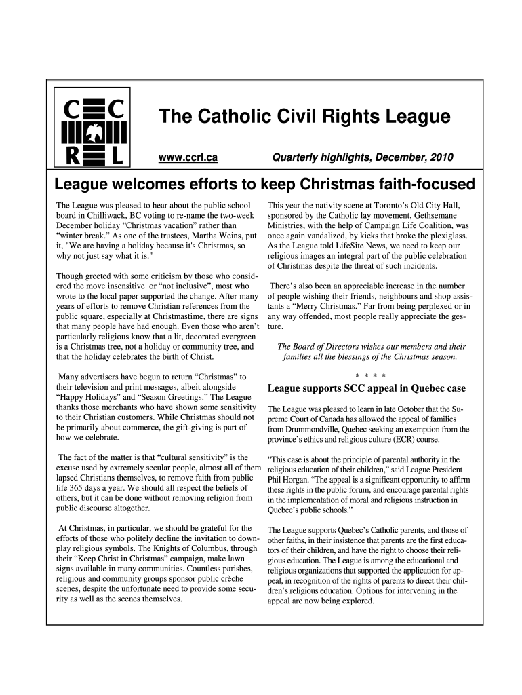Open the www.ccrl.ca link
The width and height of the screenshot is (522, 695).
pos(188,158)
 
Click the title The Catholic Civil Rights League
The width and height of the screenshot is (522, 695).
pos(304,117)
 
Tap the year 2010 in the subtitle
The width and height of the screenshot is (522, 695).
pos(441,158)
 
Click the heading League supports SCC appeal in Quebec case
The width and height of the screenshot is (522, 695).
pos(367,389)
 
